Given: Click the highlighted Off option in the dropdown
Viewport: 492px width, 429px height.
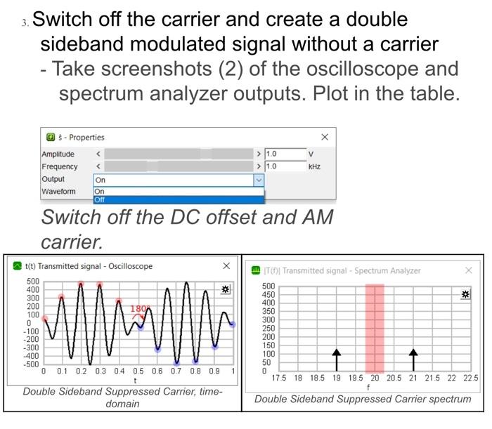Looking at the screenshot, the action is [179, 199].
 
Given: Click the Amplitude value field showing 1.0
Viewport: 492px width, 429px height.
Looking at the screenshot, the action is [285, 154].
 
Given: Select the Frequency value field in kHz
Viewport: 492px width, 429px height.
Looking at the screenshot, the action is [285, 166].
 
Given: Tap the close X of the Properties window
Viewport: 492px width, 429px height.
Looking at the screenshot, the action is [325, 137].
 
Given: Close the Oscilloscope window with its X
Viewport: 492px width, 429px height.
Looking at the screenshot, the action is [226, 265].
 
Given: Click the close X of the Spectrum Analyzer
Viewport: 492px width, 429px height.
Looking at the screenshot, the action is [469, 270].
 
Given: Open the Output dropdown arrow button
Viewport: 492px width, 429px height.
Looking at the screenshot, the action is [259, 180].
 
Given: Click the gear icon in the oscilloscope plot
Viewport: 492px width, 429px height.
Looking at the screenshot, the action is [226, 289].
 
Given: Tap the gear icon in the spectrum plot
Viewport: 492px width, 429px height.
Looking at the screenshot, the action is [465, 294].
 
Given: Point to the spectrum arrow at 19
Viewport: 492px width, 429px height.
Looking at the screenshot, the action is [337, 359].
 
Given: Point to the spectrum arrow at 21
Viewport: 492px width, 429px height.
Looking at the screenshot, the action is [413, 359].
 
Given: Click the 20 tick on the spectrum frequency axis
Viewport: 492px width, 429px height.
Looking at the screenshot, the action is [375, 378].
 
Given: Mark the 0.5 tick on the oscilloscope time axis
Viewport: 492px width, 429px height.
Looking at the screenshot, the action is [138, 371].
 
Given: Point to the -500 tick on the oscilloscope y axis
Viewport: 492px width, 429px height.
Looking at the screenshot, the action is [31, 364].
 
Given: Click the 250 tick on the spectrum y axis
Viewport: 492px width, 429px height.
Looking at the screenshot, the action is [268, 328].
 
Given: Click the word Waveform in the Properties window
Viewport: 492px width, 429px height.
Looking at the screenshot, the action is [58, 191].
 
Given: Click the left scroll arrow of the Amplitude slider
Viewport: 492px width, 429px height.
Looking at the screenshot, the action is [98, 154].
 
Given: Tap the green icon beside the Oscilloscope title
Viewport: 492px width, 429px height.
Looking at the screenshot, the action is [18, 266].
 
